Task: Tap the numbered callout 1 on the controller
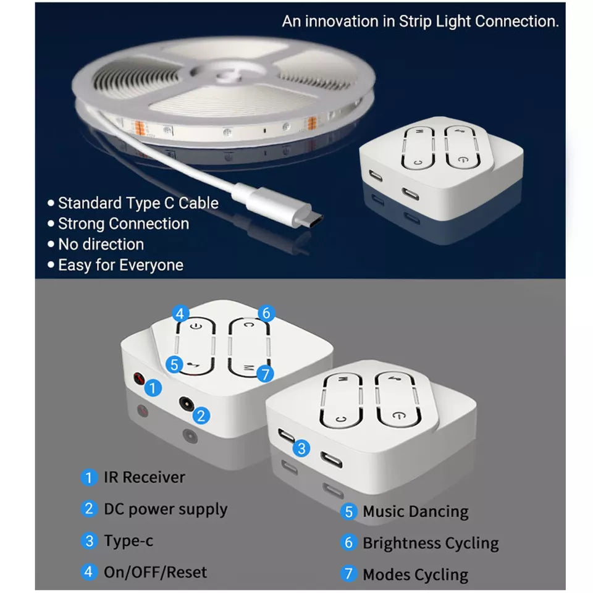point(153,388)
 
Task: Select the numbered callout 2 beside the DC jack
point(201,415)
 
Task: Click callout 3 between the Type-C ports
point(301,448)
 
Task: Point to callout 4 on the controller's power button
point(180,314)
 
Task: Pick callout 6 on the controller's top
point(266,314)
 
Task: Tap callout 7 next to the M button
point(265,373)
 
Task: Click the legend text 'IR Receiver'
point(144,477)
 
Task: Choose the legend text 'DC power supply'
point(165,510)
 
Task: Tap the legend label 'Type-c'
point(128,541)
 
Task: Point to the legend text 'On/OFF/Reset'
point(155,573)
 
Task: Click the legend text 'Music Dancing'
point(415,512)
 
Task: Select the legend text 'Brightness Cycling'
point(431,544)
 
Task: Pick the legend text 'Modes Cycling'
point(415,575)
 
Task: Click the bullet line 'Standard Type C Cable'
point(138,203)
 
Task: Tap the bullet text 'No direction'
point(101,245)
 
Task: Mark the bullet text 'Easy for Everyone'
point(120,266)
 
